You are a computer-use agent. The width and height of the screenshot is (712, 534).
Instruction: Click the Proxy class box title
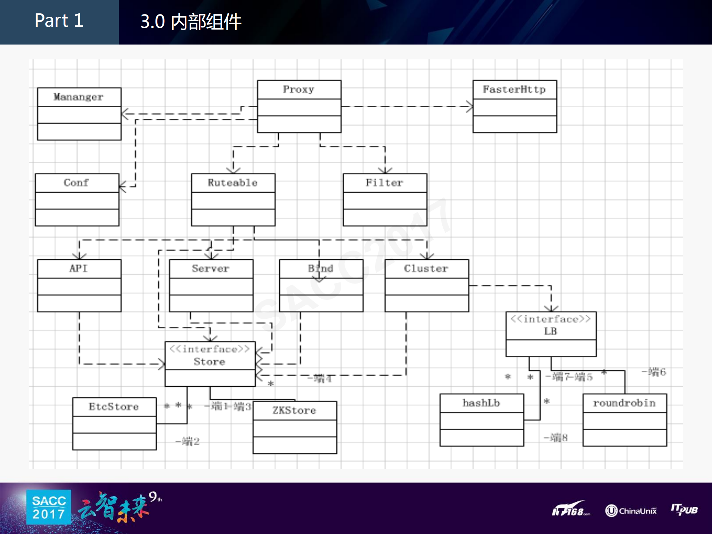299,89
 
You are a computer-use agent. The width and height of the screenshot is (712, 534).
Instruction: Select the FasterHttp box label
514,89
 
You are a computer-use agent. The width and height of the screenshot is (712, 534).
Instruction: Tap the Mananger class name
78,97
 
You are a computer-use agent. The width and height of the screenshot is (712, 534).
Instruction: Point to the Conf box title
76,183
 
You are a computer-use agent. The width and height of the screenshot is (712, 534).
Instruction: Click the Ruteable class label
233,183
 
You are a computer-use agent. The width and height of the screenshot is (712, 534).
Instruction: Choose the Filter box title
384,183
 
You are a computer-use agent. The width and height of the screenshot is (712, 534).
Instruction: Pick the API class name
78,268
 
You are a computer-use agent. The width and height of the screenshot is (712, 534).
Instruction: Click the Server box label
210,268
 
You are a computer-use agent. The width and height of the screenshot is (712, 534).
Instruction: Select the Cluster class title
426,268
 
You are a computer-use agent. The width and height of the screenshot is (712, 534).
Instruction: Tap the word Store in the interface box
209,361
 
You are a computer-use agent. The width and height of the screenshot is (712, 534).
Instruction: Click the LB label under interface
551,331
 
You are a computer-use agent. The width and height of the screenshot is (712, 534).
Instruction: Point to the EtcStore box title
114,407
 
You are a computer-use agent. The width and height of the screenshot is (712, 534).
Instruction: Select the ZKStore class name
294,410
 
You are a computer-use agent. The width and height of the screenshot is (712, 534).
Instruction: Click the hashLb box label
481,403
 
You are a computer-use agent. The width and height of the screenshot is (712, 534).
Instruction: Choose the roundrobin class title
624,403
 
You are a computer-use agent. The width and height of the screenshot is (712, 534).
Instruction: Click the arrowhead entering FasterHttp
470,107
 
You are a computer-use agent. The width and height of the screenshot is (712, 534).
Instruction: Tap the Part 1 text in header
59,20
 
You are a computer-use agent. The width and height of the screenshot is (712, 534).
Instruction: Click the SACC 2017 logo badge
49,507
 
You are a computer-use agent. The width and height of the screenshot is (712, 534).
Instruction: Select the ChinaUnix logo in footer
631,511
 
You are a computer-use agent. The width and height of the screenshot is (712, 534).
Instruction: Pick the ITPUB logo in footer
684,509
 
